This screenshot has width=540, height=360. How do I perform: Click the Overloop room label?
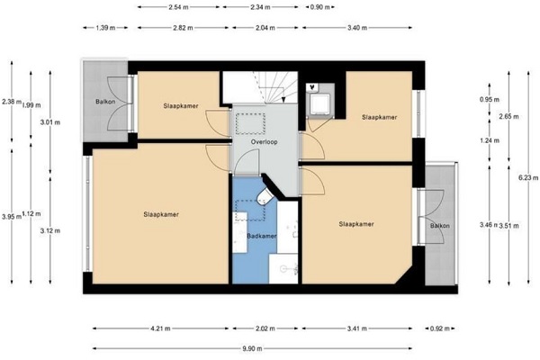coord(264,141)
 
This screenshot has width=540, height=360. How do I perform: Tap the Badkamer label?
coord(262,236)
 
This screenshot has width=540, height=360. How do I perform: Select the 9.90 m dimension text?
coord(252,348)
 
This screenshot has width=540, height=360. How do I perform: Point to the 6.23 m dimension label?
coord(528,178)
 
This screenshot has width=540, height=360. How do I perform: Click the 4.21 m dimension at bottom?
coord(160,328)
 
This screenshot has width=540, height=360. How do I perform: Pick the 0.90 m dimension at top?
coord(319,7)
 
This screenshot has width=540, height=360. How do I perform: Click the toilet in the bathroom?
coord(265,195)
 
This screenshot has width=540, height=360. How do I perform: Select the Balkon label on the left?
coord(105,102)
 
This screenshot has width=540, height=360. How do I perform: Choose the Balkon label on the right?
coord(440,226)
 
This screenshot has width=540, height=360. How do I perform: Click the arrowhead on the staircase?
coord(283,100)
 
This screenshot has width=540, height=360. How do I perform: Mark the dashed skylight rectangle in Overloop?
coord(250,123)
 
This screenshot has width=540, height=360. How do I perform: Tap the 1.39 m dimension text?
coord(105,28)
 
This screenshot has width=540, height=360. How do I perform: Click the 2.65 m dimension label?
coord(508,116)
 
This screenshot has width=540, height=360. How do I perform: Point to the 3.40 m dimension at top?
coord(357,28)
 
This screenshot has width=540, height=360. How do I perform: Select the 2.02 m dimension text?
coord(265,328)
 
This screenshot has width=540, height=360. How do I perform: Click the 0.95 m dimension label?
coord(490,100)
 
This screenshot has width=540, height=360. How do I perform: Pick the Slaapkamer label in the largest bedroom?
coord(161,214)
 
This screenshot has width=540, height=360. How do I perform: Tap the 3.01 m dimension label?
coord(50,122)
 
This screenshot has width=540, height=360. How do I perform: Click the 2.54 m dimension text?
coord(179,7)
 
